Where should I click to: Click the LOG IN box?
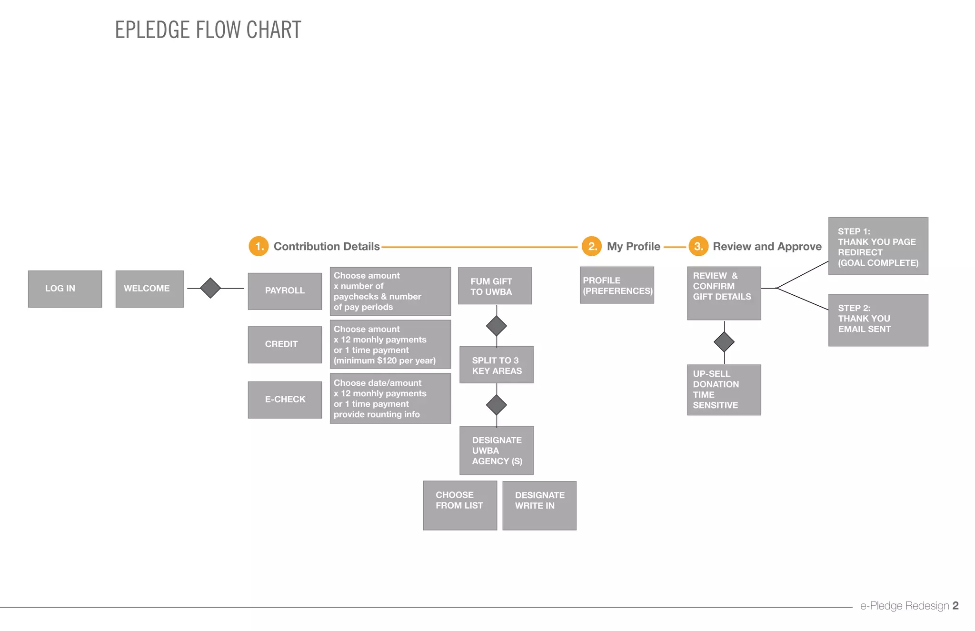(65, 289)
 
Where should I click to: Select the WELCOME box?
(149, 289)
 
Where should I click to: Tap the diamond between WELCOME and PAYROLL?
(210, 288)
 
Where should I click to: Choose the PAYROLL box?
(285, 291)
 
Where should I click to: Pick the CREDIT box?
(285, 344)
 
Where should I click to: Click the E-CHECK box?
(285, 400)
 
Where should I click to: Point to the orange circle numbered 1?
(259, 246)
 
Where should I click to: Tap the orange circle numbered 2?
(592, 246)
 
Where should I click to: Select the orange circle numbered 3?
(698, 246)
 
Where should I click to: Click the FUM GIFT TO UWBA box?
(495, 286)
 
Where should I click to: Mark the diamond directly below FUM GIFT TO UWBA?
(497, 326)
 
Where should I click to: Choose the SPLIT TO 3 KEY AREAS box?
(496, 365)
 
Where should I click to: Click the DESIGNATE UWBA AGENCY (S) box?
(496, 451)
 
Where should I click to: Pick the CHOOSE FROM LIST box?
(460, 505)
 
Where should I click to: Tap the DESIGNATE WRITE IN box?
(539, 505)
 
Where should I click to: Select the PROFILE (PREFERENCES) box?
(617, 285)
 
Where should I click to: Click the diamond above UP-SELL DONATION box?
(724, 342)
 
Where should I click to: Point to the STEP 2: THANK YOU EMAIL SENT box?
(878, 320)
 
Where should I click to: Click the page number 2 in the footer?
(955, 606)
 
